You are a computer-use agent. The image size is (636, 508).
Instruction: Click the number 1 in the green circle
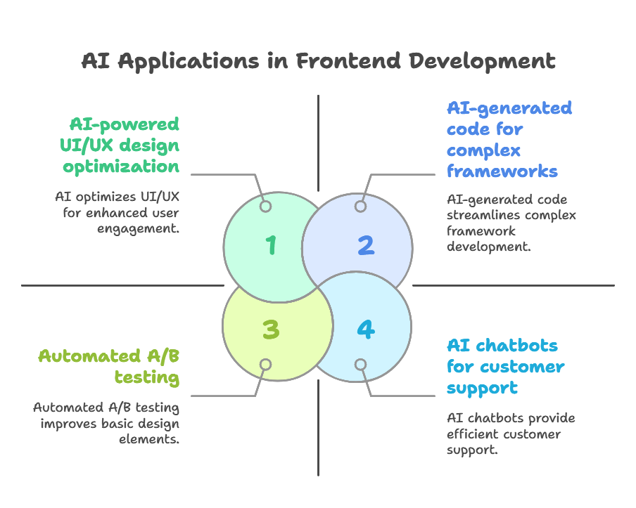point(270,246)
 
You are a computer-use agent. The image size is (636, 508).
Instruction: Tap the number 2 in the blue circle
point(365,246)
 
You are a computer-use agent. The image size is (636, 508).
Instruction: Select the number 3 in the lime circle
point(270,329)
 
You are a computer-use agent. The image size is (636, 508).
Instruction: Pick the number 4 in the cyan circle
point(364,329)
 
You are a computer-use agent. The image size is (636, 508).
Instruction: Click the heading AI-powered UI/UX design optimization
point(121,145)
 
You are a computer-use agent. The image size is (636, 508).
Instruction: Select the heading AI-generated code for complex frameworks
point(508,140)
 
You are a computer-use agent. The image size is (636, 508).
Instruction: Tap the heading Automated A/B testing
point(109,367)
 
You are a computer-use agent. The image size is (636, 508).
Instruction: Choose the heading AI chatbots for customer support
point(505,367)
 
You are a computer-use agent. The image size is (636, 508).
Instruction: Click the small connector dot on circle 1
point(265,207)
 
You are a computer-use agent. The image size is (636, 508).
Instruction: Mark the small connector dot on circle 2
point(360,207)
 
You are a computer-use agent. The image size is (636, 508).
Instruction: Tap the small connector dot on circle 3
point(265,365)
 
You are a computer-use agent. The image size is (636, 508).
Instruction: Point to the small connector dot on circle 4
point(360,365)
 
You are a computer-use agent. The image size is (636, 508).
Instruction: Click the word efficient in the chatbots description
point(471,434)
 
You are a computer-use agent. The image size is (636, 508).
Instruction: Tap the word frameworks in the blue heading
point(502,171)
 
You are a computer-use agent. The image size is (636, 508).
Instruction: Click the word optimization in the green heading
point(121,167)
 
